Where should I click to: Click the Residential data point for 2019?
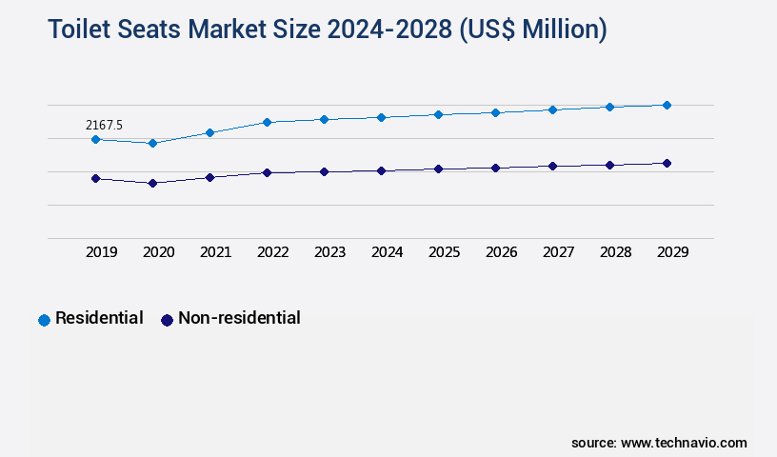tap(95, 139)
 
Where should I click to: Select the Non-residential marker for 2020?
tap(152, 183)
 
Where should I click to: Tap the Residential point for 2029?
tap(667, 105)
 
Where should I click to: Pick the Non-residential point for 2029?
tap(667, 163)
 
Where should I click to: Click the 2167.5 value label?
tap(104, 125)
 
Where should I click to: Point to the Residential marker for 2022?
tap(267, 122)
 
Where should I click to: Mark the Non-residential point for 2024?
tap(381, 170)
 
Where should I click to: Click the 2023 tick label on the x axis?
tap(329, 252)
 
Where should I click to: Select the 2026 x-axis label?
tap(501, 252)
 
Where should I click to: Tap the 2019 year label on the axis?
tap(101, 252)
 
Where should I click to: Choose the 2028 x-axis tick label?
tap(615, 252)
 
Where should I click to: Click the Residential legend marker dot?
tap(44, 320)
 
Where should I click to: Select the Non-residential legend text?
tap(239, 318)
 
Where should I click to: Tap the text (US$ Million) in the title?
tap(532, 30)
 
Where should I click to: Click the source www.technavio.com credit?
tap(659, 443)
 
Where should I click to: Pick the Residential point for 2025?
tap(438, 114)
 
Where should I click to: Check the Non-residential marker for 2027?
tap(552, 166)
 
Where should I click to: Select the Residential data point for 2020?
tap(152, 143)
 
